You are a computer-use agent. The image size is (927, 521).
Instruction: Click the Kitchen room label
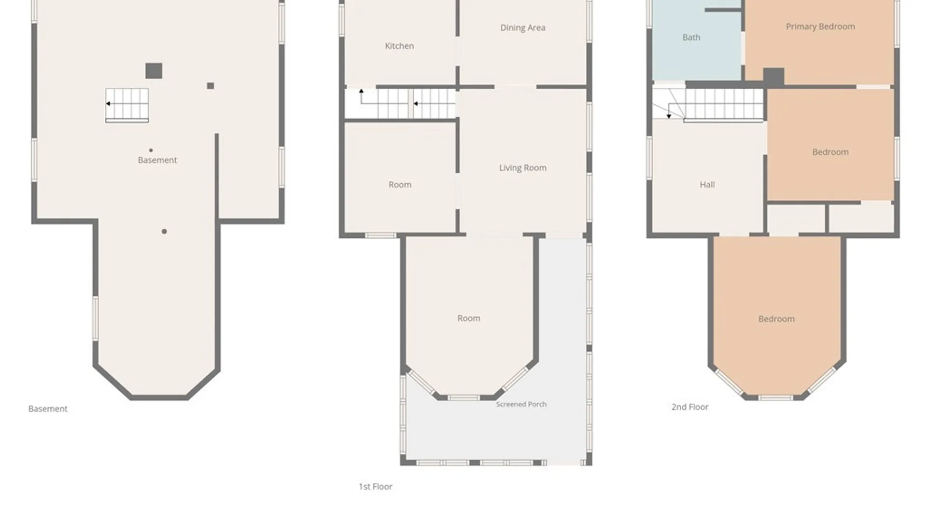[399, 46]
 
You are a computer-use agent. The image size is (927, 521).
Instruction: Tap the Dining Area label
[523, 28]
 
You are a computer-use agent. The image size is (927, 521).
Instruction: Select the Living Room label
[523, 168]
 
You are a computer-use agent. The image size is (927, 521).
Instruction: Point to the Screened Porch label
[521, 404]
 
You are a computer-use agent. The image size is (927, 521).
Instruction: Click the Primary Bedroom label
[820, 27]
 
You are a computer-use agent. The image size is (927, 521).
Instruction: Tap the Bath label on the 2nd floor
[691, 37]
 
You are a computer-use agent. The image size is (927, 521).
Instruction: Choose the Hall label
[707, 184]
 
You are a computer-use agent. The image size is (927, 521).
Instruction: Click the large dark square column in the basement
[154, 71]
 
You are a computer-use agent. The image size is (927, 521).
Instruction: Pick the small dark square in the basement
[211, 86]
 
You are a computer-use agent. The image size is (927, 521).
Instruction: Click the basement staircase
[127, 105]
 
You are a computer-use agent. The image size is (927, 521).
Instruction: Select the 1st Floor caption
[375, 487]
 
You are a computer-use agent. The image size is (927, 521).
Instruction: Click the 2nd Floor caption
[690, 407]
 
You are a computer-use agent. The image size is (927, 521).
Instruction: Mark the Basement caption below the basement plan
[48, 409]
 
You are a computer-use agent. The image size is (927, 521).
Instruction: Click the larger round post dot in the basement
[164, 232]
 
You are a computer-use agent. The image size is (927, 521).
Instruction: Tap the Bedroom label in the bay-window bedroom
[776, 319]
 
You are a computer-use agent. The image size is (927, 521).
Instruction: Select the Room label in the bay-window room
[469, 318]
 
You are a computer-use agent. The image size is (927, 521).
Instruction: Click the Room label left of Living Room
[400, 185]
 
